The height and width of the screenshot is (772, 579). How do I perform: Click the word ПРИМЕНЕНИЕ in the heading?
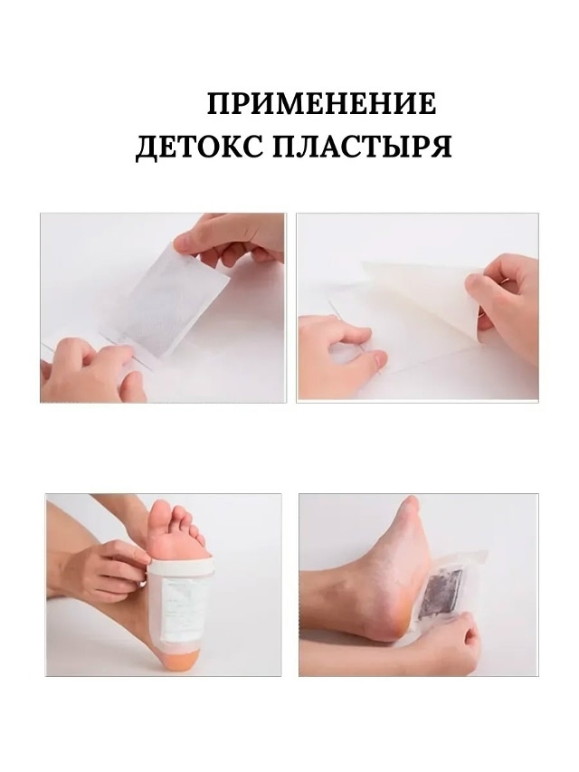tap(321, 103)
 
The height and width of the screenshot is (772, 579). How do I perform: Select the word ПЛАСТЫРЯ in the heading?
tap(362, 147)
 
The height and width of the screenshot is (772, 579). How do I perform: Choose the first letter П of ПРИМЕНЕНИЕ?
tap(218, 104)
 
